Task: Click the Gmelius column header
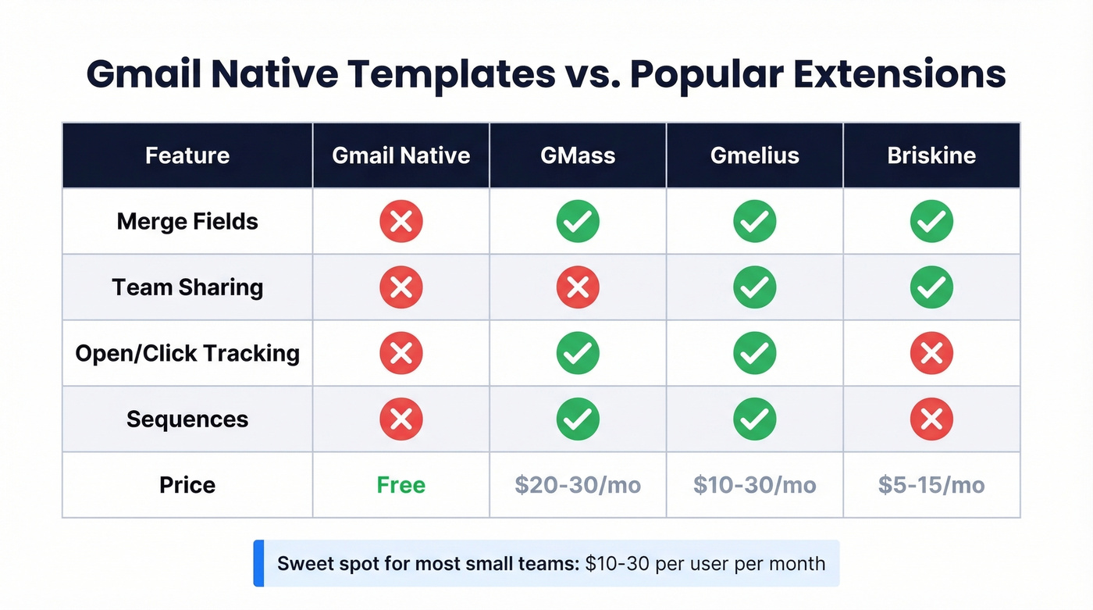(754, 155)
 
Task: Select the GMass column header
(578, 155)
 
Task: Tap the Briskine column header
(931, 155)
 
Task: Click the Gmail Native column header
(401, 155)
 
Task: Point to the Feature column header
(187, 155)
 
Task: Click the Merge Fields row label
(187, 222)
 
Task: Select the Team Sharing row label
(187, 287)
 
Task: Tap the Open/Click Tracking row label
(187, 353)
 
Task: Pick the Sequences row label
(187, 419)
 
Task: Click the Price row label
(187, 485)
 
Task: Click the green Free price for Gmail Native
(401, 485)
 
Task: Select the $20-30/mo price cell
(578, 485)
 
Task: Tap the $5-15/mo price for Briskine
(931, 485)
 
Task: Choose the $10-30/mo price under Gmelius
(754, 485)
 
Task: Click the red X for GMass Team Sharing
(578, 287)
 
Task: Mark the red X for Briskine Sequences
(931, 419)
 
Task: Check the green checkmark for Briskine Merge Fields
(931, 222)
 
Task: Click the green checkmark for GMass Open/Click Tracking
(578, 353)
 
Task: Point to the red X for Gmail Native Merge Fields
(401, 222)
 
